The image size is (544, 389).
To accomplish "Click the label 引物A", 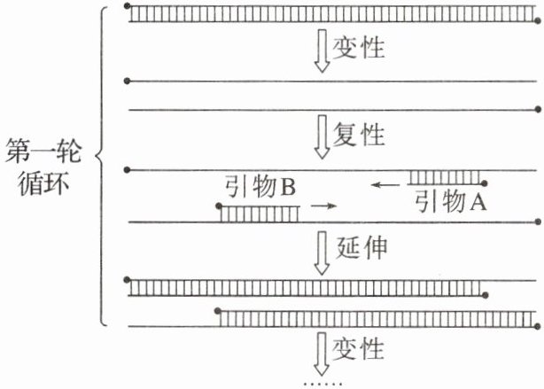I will (x=451, y=202).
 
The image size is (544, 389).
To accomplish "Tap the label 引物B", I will (x=257, y=188).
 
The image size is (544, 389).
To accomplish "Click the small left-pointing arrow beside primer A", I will (x=385, y=185).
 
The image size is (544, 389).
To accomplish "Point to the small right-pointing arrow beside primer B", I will (x=325, y=206).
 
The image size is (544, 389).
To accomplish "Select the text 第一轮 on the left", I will (x=43, y=151).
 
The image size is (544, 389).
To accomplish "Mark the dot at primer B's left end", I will (x=220, y=206).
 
